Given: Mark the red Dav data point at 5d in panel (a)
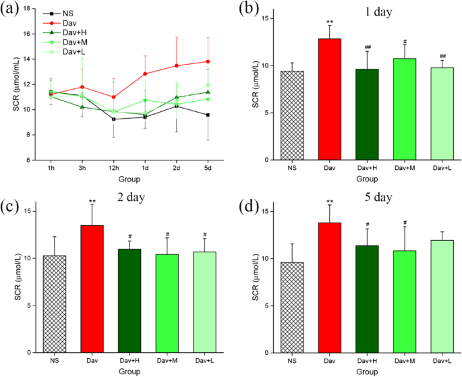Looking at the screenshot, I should (x=208, y=61).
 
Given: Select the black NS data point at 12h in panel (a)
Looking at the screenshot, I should (x=113, y=119).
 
